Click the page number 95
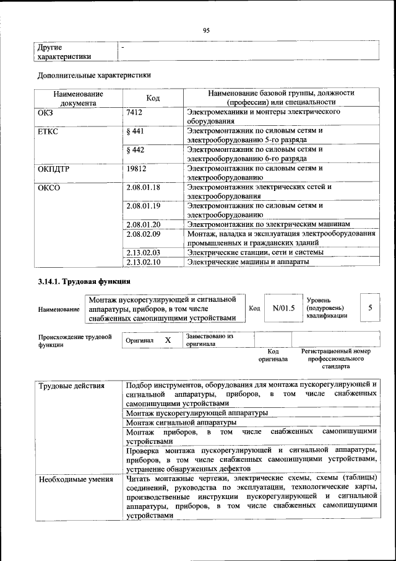pos(207,29)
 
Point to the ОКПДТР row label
pos(53,168)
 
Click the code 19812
pos(136,168)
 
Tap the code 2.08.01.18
pos(143,187)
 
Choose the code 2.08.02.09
pos(143,234)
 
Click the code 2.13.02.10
pos(143,262)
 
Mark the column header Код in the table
pos(153,98)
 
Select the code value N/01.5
pos(283,307)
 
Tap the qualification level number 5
pos(370,307)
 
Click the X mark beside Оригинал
pos(168,340)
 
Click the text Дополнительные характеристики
pos(95,76)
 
